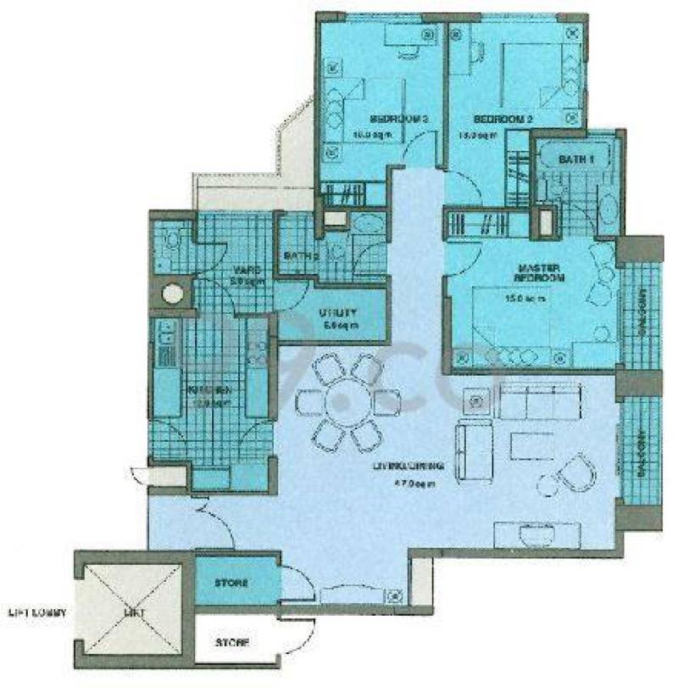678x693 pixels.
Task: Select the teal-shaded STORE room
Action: pyautogui.click(x=231, y=584)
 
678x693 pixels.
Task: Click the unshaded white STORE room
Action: pyautogui.click(x=231, y=642)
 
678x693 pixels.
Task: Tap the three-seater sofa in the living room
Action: pyautogui.click(x=541, y=400)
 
